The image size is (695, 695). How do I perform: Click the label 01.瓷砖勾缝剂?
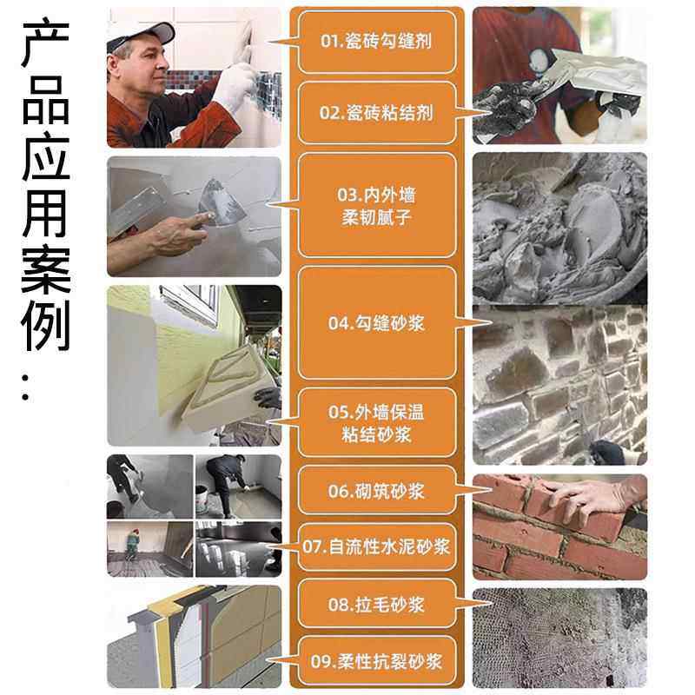[x=376, y=41]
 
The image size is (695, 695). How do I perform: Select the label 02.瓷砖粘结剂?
[x=376, y=113]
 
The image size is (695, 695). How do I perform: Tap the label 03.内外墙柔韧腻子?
[x=376, y=205]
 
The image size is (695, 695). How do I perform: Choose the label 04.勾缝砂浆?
[x=376, y=323]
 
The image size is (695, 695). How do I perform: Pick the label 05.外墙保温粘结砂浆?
[x=376, y=423]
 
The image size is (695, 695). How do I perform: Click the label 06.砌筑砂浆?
[x=376, y=491]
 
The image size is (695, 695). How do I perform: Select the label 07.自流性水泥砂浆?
[x=376, y=546]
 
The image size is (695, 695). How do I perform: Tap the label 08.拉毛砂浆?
[x=376, y=604]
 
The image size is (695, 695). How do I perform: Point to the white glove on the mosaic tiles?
[x=237, y=87]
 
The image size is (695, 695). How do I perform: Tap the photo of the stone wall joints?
[x=559, y=382]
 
